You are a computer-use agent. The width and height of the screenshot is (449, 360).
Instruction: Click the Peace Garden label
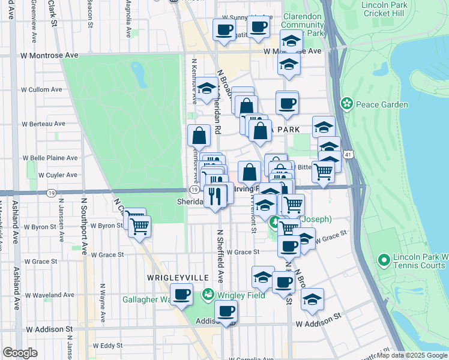pyautogui.click(x=381, y=104)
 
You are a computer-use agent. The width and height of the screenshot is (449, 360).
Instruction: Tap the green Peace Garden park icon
pyautogui.click(x=346, y=104)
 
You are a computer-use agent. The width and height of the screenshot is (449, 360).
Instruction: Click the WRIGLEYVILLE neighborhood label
pyautogui.click(x=178, y=278)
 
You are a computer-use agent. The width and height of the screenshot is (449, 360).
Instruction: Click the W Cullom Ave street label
pyautogui.click(x=41, y=89)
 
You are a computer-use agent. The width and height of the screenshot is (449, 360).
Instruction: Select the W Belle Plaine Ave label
pyautogui.click(x=50, y=158)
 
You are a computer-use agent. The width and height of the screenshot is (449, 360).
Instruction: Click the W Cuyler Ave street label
pyautogui.click(x=58, y=175)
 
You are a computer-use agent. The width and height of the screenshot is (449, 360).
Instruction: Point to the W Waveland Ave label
pyautogui.click(x=50, y=295)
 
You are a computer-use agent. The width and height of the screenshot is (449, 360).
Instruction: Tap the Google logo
pyautogui.click(x=20, y=353)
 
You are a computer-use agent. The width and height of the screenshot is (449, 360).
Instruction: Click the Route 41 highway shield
pyautogui.click(x=349, y=155)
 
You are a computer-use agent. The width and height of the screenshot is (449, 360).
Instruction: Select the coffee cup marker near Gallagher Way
pyautogui.click(x=181, y=294)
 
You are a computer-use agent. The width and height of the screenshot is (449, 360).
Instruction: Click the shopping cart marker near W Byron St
pyautogui.click(x=140, y=226)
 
